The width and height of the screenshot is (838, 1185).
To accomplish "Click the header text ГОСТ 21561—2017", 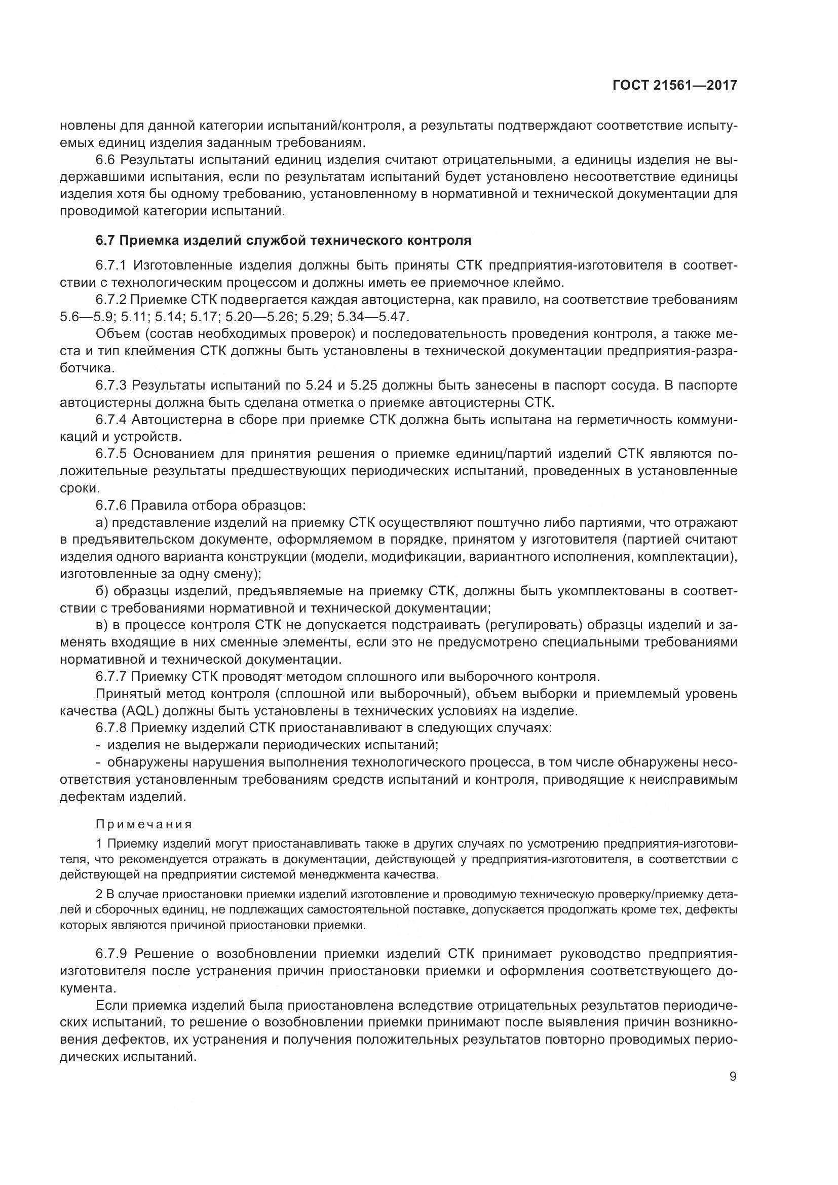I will pyautogui.click(x=674, y=86).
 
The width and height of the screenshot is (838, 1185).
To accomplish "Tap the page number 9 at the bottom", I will pyautogui.click(x=733, y=1076).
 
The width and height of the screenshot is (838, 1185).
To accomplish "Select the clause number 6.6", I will pyautogui.click(x=105, y=160).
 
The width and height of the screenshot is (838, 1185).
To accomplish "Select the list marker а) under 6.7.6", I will pyautogui.click(x=102, y=522).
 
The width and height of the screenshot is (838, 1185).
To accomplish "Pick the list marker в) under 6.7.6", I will pyautogui.click(x=102, y=625).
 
